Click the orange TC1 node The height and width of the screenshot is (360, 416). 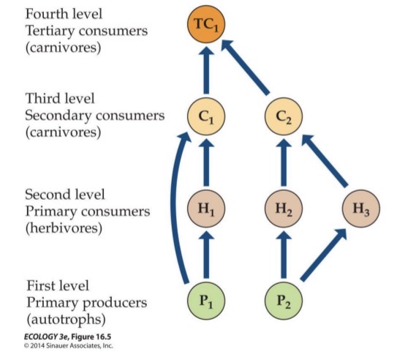205,26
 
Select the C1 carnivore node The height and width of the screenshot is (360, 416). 205,116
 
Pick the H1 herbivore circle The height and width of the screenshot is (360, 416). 205,209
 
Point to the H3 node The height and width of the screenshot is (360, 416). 360,209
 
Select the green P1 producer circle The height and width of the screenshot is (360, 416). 205,301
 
